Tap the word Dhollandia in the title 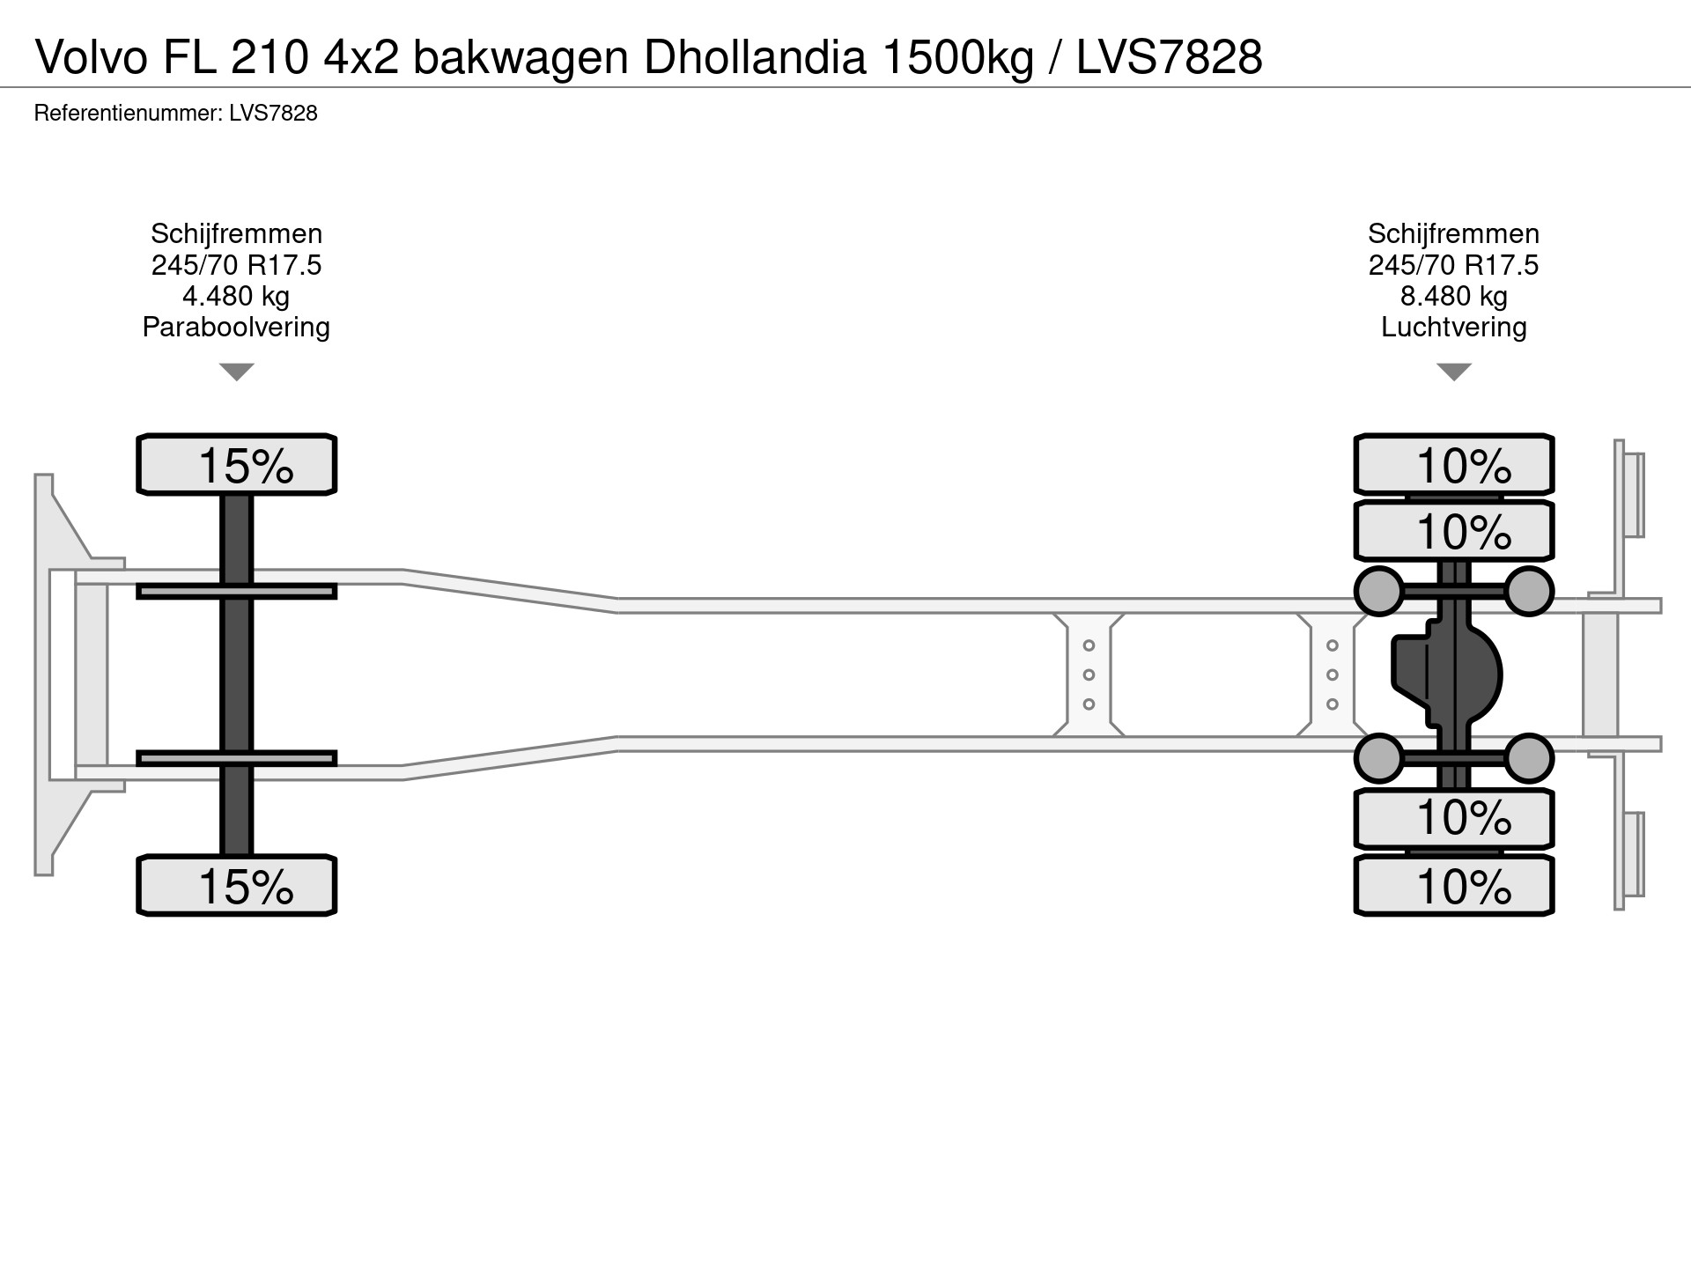(x=755, y=57)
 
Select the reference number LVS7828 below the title (x=273, y=114)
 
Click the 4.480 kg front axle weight (x=236, y=296)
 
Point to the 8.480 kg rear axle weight (x=1453, y=296)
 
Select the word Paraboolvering (x=236, y=327)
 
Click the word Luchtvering (x=1453, y=327)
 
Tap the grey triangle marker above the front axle (x=236, y=371)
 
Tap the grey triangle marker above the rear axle (x=1453, y=371)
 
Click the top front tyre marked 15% (x=236, y=464)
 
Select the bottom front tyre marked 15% (x=236, y=885)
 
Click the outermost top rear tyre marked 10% (x=1453, y=464)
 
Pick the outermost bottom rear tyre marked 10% (x=1453, y=885)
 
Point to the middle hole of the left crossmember (x=1089, y=675)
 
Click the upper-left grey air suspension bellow (x=1378, y=590)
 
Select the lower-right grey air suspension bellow (x=1528, y=758)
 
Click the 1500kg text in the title (x=956, y=57)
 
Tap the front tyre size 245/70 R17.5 (x=236, y=265)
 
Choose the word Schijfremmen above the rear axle (x=1453, y=233)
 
